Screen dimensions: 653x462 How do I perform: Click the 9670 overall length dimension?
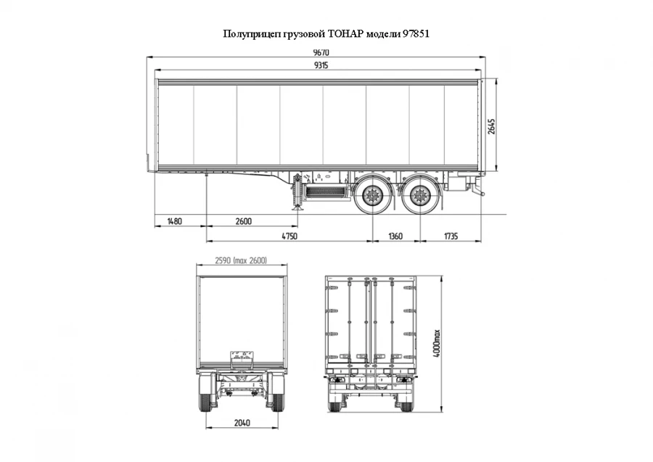click(321, 52)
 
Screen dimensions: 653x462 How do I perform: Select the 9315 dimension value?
click(321, 65)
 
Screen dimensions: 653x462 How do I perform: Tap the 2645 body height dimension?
click(492, 126)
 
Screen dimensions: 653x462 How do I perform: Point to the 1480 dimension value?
click(174, 220)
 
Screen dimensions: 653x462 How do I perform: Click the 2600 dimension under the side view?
click(244, 220)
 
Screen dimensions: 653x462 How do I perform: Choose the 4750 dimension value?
click(289, 236)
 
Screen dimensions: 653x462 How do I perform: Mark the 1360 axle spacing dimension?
click(395, 236)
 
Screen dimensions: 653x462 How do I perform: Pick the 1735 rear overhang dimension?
click(451, 236)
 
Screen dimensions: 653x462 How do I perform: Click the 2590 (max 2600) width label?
click(241, 260)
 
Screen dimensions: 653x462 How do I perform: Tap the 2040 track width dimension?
click(242, 423)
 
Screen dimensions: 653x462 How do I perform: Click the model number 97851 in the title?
click(416, 33)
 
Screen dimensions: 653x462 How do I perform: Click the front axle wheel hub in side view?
click(371, 195)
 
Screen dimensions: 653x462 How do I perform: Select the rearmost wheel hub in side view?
click(420, 195)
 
